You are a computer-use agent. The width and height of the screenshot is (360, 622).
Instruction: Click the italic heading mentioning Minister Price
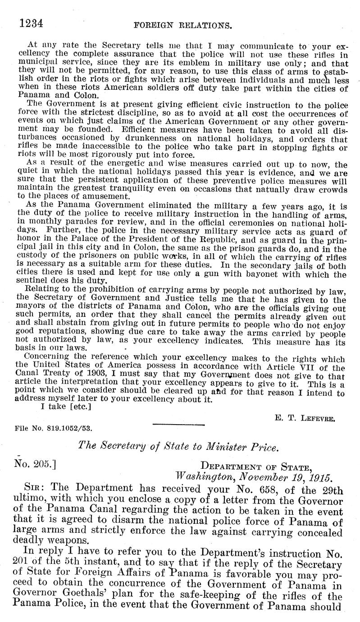coord(178,448)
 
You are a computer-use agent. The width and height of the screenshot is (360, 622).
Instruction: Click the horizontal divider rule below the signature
coord(179,424)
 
